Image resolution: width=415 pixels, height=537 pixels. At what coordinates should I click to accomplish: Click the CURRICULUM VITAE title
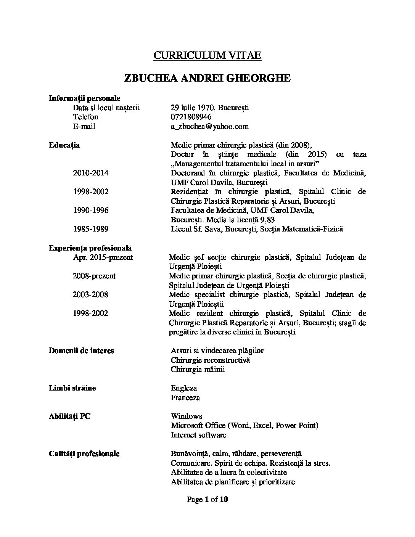[x=207, y=55]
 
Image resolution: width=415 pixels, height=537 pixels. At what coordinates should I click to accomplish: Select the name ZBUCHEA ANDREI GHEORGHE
[x=207, y=78]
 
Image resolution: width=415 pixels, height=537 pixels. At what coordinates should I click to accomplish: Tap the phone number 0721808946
[x=191, y=117]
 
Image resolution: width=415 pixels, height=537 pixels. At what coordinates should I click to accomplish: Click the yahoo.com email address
[x=210, y=127]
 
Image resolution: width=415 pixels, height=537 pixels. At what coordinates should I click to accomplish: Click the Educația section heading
[x=64, y=145]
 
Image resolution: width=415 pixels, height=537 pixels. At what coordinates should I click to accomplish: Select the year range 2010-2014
[x=91, y=173]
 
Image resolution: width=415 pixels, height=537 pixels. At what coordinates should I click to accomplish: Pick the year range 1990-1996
[x=91, y=211]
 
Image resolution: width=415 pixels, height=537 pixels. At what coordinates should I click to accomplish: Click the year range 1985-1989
[x=91, y=229]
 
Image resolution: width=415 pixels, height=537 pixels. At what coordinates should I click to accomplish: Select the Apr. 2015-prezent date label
[x=103, y=257]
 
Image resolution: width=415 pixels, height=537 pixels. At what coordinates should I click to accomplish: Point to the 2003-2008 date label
[x=90, y=295]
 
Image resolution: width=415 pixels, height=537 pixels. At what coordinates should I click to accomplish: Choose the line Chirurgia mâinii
[x=198, y=370]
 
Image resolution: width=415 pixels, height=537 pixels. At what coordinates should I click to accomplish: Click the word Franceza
[x=185, y=398]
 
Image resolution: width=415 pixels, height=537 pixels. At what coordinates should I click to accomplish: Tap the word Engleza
[x=184, y=388]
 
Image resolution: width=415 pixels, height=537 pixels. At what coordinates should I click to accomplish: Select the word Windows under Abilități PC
[x=187, y=416]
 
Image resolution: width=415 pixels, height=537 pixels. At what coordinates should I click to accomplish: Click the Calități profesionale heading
[x=84, y=454]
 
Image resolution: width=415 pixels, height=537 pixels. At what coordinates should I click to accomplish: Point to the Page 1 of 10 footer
[x=207, y=500]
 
